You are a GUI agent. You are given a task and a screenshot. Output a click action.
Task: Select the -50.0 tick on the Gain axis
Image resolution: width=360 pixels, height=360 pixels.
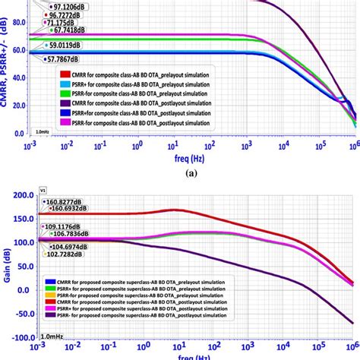pyautogui.click(x=17, y=314)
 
